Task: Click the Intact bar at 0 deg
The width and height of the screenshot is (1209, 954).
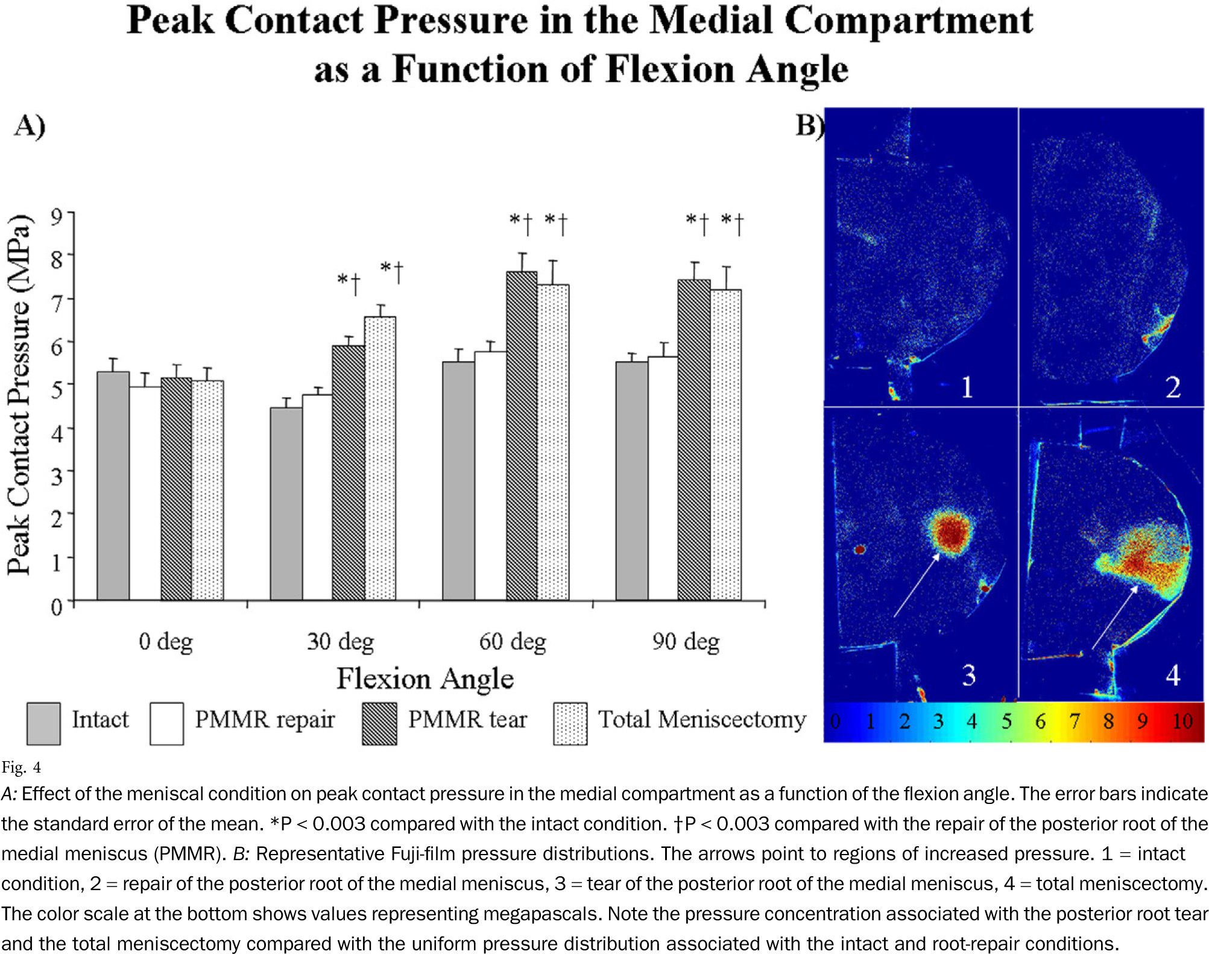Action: (x=113, y=486)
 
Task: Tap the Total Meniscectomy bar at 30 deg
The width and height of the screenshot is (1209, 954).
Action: (x=380, y=458)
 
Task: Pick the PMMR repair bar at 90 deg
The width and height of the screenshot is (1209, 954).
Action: (x=663, y=479)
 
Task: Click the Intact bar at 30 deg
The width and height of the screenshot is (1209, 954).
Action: (x=286, y=504)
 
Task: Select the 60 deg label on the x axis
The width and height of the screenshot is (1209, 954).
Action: (x=513, y=642)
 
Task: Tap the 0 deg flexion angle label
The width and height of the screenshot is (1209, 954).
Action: (x=166, y=642)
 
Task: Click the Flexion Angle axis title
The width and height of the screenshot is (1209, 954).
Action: (x=425, y=679)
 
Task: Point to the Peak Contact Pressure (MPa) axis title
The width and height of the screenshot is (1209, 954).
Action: (x=19, y=395)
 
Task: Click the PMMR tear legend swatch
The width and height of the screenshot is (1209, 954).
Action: (x=379, y=723)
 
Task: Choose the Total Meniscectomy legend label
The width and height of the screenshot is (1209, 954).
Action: (x=702, y=720)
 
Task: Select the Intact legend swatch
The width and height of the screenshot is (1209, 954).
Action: (x=43, y=723)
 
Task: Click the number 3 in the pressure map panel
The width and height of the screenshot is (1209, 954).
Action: (x=968, y=676)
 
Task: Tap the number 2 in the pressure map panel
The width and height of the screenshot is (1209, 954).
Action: (x=1173, y=388)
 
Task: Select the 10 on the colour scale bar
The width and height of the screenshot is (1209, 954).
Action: (x=1182, y=721)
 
